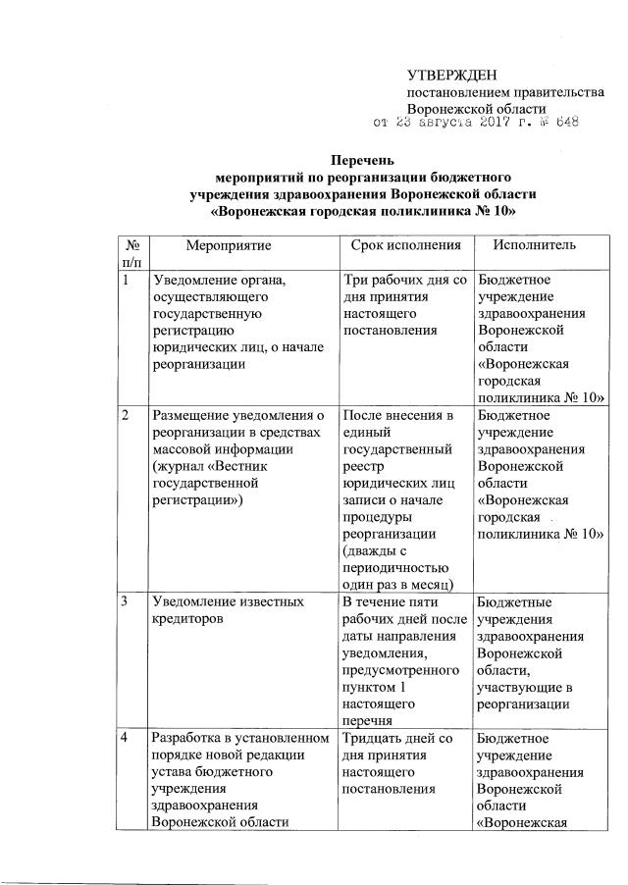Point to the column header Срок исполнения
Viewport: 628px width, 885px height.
pyautogui.click(x=405, y=244)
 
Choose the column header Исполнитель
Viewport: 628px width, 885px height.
pyautogui.click(x=535, y=244)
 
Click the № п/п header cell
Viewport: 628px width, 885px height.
pyautogui.click(x=131, y=252)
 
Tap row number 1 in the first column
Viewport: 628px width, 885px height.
pyautogui.click(x=126, y=280)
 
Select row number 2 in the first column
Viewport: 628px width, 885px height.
pyautogui.click(x=126, y=414)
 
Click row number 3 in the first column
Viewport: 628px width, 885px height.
pyautogui.click(x=126, y=600)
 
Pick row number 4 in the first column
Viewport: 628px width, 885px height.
pyautogui.click(x=126, y=736)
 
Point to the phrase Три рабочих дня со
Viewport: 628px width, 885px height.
pyautogui.click(x=404, y=280)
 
